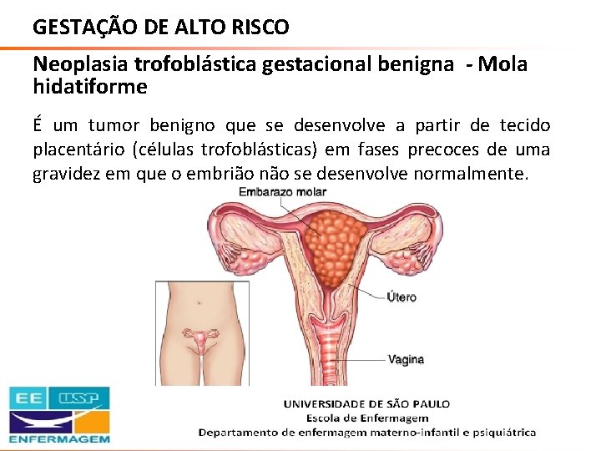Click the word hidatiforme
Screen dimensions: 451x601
(89, 87)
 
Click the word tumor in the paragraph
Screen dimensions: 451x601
(111, 126)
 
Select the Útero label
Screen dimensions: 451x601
(402, 296)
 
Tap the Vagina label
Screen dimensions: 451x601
(406, 360)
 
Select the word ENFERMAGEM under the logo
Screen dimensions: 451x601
(59, 438)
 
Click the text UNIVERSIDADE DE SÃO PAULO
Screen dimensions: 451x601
(366, 403)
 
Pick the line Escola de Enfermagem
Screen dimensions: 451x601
(366, 418)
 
